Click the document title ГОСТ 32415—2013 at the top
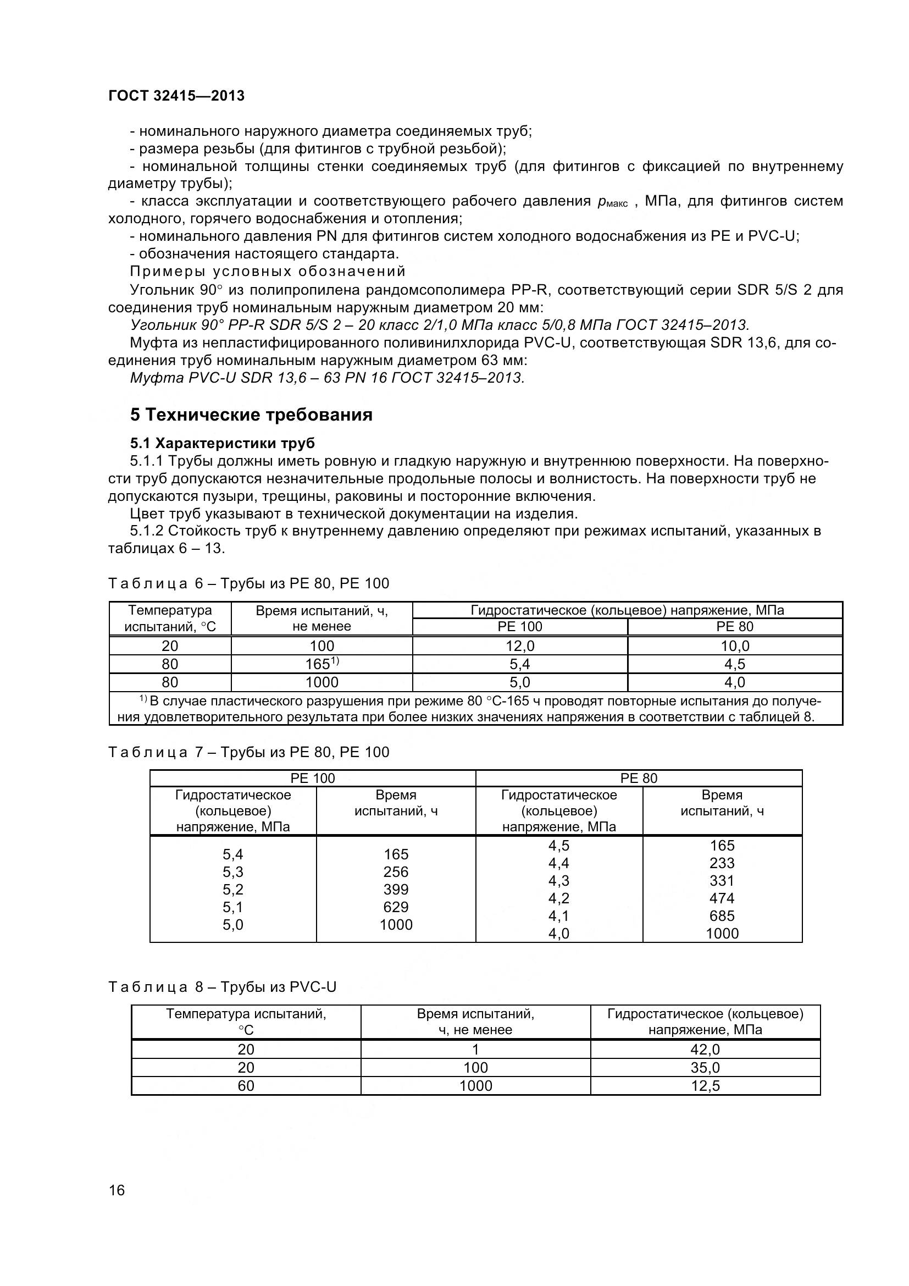tap(176, 96)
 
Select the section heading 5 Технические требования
tap(251, 415)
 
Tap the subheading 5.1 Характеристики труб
tap(222, 443)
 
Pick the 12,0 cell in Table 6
tap(520, 646)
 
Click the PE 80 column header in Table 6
tap(734, 627)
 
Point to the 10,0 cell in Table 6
tap(734, 646)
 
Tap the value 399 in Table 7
tap(396, 890)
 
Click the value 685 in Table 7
tap(722, 916)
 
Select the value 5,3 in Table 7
tap(233, 872)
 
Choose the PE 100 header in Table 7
tap(312, 778)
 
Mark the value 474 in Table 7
tap(722, 898)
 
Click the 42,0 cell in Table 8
tap(705, 1050)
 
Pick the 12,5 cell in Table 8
tap(705, 1086)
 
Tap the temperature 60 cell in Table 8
tap(246, 1086)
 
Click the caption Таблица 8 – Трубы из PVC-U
tap(222, 987)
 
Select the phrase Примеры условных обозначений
tap(268, 272)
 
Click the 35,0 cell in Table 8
tap(705, 1068)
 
